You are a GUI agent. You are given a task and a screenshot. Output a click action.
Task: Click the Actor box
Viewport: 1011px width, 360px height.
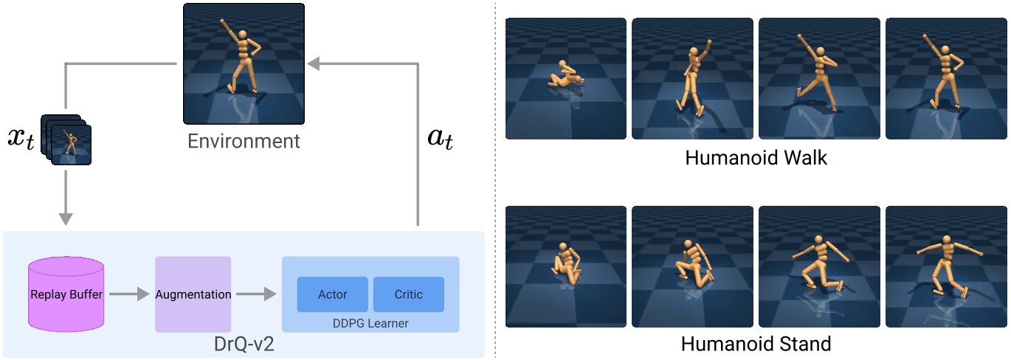click(x=332, y=294)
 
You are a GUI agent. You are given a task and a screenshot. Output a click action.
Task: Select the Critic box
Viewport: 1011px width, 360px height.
click(x=408, y=294)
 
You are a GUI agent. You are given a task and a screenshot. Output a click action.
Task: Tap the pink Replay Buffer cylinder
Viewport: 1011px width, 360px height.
click(x=66, y=294)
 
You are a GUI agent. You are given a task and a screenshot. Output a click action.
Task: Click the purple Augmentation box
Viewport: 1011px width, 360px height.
click(x=193, y=294)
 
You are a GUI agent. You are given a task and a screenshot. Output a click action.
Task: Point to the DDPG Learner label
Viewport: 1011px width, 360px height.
click(x=370, y=323)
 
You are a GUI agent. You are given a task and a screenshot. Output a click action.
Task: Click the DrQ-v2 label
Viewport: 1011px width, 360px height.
click(x=244, y=345)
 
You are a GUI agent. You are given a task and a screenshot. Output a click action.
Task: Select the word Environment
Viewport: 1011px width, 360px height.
click(x=244, y=140)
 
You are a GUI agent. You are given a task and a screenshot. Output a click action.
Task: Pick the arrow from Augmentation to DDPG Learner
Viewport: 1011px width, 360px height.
click(x=255, y=294)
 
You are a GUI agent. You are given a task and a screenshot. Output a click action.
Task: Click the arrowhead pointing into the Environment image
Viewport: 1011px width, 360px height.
click(x=313, y=64)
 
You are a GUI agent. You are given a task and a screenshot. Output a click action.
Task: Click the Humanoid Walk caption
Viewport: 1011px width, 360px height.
click(x=756, y=158)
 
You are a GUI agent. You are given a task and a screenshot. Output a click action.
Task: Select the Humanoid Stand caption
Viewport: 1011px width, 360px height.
click(x=756, y=344)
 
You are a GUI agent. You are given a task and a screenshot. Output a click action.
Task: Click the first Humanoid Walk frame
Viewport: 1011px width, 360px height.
click(x=566, y=79)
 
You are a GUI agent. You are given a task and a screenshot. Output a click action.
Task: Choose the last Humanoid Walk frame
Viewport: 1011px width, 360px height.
click(x=946, y=79)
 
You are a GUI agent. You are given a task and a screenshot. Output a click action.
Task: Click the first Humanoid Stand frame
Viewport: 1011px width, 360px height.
click(x=566, y=266)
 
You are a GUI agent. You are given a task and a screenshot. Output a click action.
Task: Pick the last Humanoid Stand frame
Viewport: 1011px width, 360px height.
click(x=946, y=266)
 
